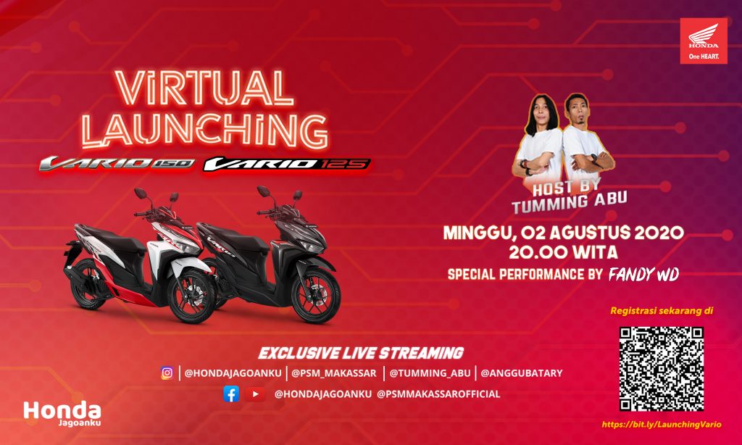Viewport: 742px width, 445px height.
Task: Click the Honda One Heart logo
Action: point(703,41)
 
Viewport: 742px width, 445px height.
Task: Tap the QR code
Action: point(662,368)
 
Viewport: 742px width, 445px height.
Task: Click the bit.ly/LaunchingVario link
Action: point(661,425)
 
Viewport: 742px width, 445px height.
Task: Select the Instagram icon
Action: point(167,373)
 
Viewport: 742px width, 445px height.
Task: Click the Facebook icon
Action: point(231,394)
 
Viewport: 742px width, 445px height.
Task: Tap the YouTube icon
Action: point(254,394)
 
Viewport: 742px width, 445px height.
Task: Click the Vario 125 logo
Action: point(286,164)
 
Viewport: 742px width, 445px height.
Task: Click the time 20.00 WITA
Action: point(563,253)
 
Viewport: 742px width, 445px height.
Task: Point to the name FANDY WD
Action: point(643,274)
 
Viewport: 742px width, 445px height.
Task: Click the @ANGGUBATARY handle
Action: point(521,373)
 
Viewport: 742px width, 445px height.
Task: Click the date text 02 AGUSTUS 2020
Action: point(604,233)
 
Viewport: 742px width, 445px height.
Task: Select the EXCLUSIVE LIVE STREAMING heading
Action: point(361,354)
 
